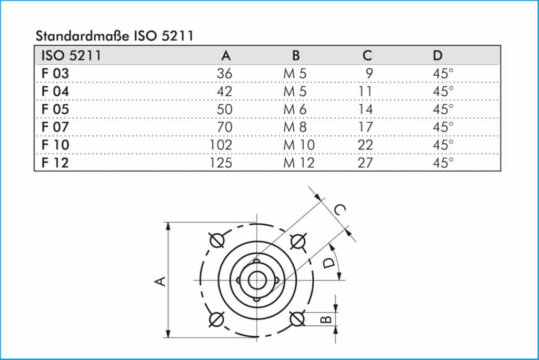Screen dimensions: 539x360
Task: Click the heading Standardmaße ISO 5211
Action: (x=115, y=36)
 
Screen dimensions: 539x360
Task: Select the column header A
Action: (x=226, y=55)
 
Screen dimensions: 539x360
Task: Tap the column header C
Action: (x=367, y=55)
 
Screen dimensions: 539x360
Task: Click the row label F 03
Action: (x=55, y=74)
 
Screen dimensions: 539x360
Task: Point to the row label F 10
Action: (x=55, y=145)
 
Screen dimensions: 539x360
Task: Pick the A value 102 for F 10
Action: (x=221, y=145)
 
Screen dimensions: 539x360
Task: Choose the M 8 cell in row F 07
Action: (x=295, y=127)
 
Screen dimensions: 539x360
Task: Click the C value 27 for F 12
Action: (x=365, y=163)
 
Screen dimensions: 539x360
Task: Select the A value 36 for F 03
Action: (x=224, y=74)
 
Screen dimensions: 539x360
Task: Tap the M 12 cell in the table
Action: (x=299, y=163)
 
